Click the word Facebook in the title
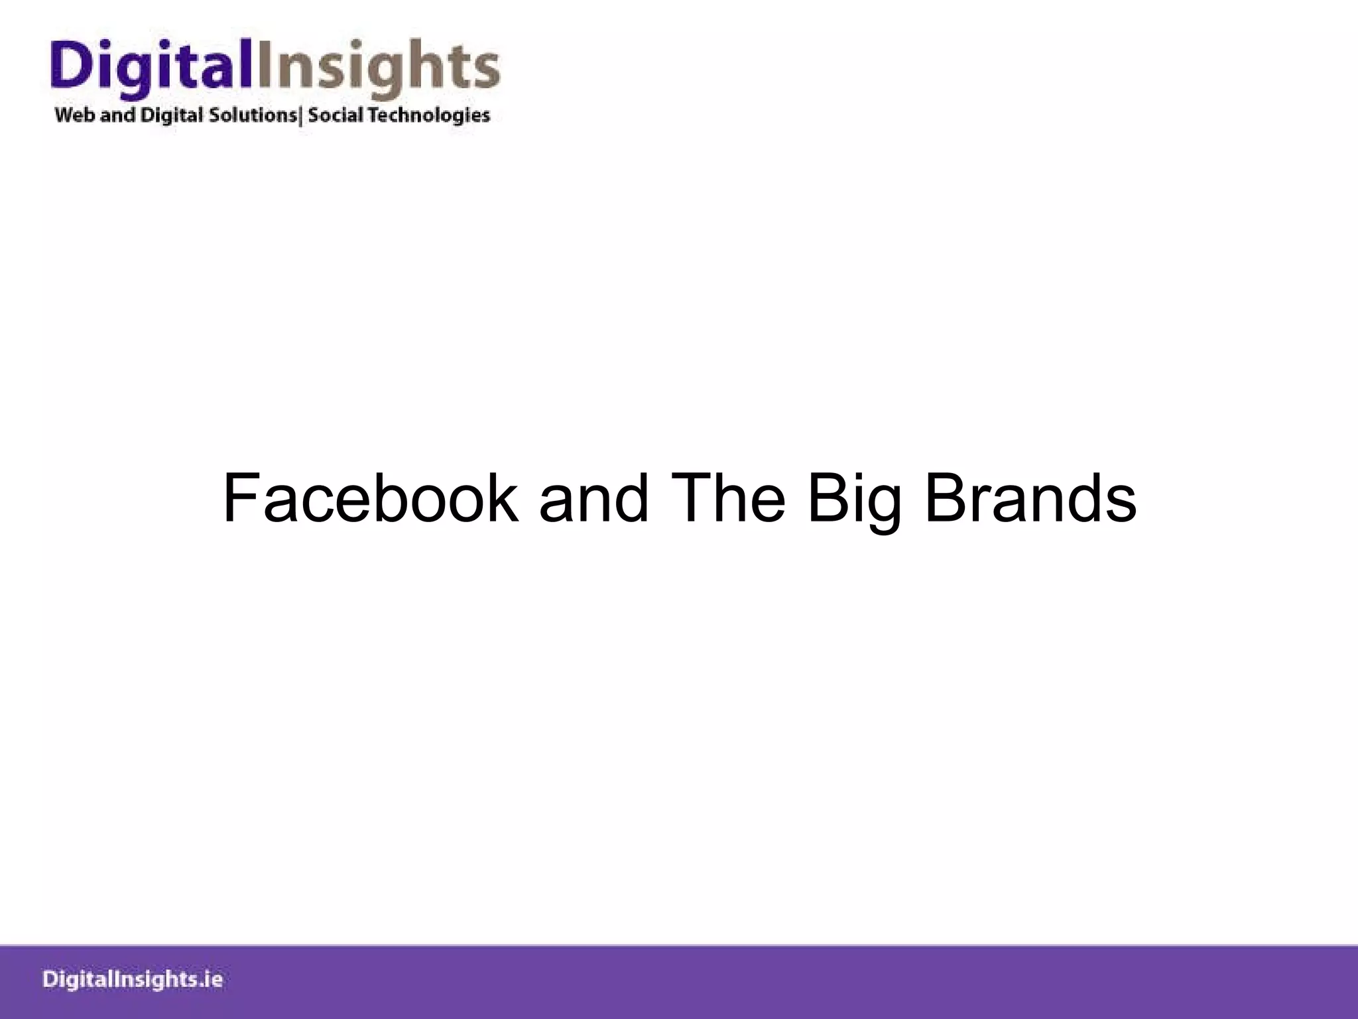click(370, 499)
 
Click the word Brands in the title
click(1030, 499)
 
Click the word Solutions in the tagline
click(253, 115)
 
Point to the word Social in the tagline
click(336, 115)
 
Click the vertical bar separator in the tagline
click(302, 116)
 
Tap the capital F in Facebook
click(239, 499)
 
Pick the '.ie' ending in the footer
click(211, 980)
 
